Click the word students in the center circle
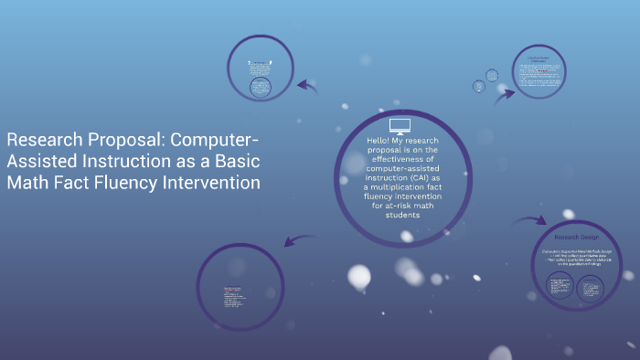396,216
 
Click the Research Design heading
574,237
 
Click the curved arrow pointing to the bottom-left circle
297,239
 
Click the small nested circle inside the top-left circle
261,88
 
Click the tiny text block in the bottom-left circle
234,298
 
